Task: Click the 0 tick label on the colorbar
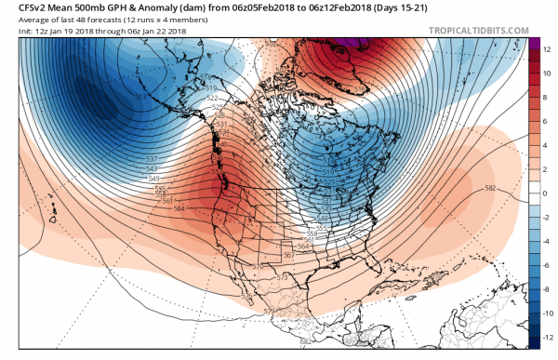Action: [x=546, y=193]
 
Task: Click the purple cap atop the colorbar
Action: [x=535, y=42]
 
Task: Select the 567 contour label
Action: [x=287, y=255]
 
